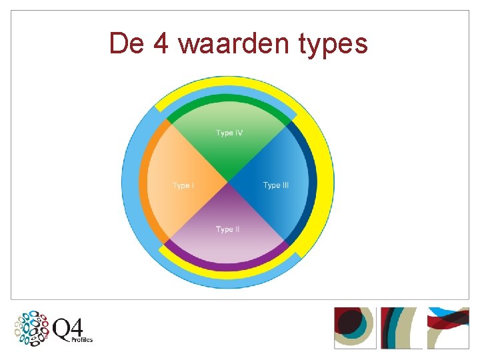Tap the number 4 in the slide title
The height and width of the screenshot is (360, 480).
(x=161, y=44)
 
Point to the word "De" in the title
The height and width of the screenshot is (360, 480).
(x=125, y=44)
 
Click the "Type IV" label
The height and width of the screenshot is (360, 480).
(x=229, y=133)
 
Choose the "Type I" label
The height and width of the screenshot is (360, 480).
(x=183, y=185)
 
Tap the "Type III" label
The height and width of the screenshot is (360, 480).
(x=275, y=185)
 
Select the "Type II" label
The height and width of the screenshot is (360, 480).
(x=227, y=229)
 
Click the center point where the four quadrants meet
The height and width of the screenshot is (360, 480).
(x=228, y=182)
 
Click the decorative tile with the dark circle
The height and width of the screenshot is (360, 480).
(x=355, y=327)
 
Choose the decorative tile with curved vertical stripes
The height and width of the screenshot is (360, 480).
(x=401, y=327)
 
